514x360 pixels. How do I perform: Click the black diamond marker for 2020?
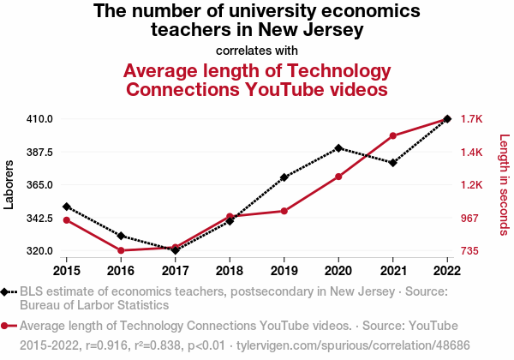[x=338, y=148]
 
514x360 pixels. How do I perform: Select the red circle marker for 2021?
[x=392, y=135]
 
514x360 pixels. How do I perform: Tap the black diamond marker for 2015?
[x=67, y=207]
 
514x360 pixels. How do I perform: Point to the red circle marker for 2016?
[x=121, y=250]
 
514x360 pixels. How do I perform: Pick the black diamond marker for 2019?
[x=284, y=177]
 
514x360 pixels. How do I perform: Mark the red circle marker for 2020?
[x=338, y=177]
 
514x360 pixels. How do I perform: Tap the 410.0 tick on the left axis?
[x=40, y=119]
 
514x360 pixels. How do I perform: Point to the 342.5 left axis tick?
[x=40, y=219]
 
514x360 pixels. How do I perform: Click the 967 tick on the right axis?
[x=471, y=219]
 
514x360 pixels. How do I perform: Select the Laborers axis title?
[x=10, y=184]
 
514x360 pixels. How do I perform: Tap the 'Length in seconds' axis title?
[x=504, y=184]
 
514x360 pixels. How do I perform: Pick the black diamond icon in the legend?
[x=6, y=291]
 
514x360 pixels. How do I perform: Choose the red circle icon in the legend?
[x=6, y=326]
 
